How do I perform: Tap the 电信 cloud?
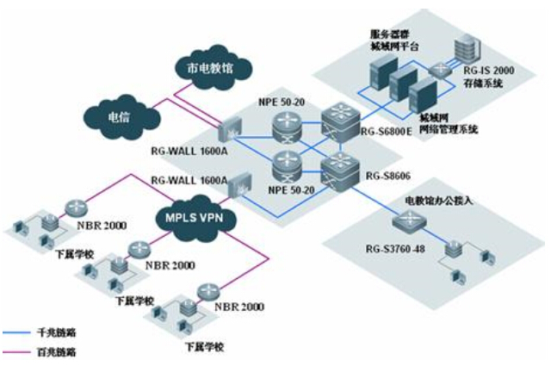coord(118,115)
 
